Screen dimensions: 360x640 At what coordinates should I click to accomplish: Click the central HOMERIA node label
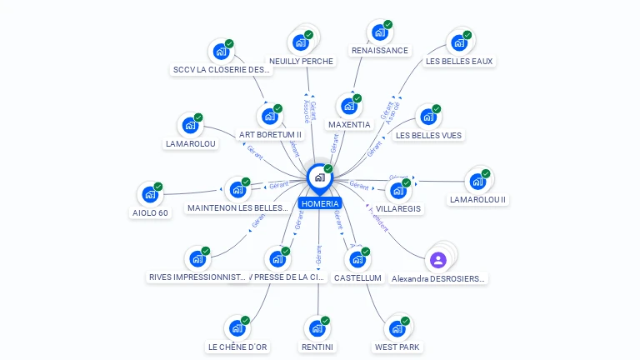320,203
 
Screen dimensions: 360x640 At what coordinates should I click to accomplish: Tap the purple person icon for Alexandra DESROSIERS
438,259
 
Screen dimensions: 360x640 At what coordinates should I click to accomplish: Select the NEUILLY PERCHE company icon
300,42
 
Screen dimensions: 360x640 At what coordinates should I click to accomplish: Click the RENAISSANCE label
380,50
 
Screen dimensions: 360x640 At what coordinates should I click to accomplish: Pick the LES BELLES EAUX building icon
458,42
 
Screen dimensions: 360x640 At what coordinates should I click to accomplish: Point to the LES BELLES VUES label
428,135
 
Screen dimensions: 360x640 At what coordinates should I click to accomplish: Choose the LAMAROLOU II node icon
477,181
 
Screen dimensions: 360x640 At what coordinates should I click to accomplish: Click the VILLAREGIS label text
398,208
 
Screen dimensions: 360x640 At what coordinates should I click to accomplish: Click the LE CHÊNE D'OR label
237,347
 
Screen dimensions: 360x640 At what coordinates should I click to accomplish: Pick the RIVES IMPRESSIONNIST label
197,277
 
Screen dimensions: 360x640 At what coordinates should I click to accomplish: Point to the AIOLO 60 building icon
150,194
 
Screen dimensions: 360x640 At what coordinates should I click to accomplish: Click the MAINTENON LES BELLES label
237,208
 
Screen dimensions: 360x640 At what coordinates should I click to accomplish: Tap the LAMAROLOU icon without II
190,126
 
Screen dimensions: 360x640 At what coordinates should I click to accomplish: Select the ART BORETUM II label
270,134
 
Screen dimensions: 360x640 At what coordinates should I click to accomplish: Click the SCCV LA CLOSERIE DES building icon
221,52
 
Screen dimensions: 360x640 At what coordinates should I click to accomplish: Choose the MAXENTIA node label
349,125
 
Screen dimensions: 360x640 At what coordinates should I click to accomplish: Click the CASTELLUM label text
357,277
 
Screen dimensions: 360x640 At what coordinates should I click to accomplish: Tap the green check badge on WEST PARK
406,321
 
